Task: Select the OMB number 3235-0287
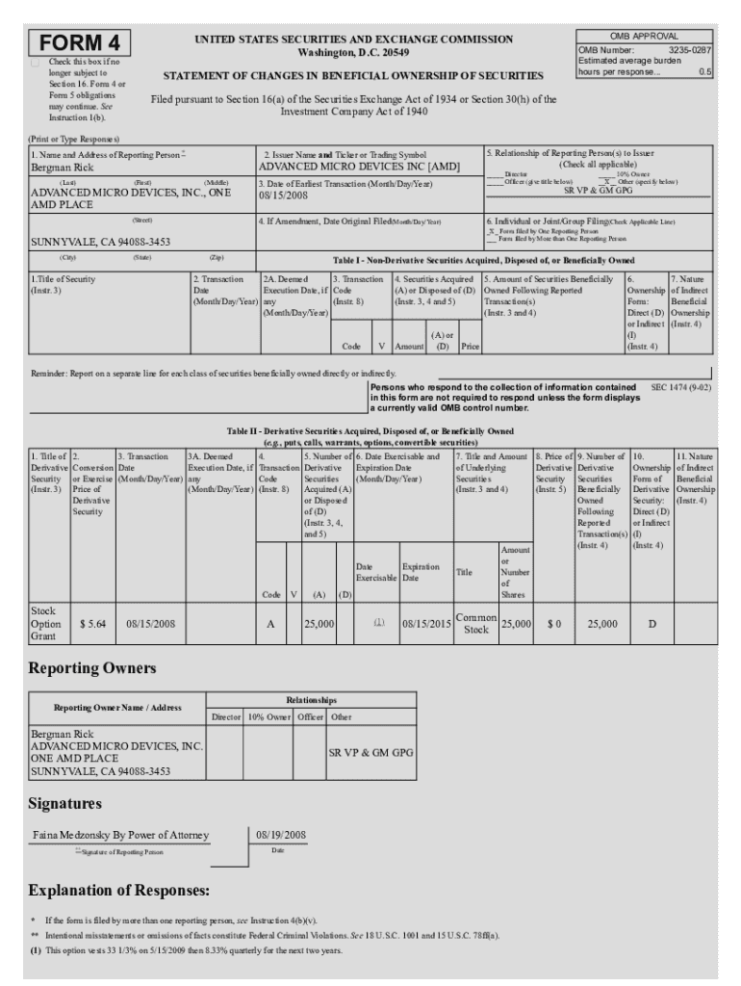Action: pos(689,49)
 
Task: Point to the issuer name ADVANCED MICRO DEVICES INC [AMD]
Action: pos(360,167)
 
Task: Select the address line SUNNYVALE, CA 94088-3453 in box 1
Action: pos(101,242)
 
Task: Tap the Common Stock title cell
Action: pos(475,624)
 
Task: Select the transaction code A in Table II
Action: pos(269,624)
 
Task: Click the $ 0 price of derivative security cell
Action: pos(553,624)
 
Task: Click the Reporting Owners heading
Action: pos(92,668)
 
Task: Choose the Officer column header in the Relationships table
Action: pos(309,716)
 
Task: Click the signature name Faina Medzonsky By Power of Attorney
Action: pos(120,835)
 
